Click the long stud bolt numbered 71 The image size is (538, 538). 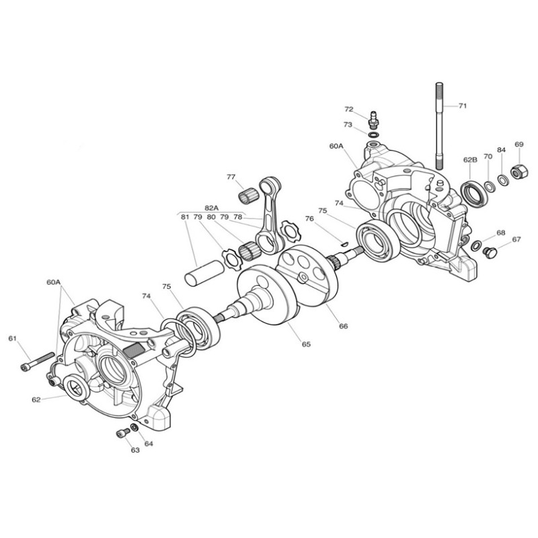pyautogui.click(x=439, y=126)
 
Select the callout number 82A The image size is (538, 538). pyautogui.click(x=211, y=208)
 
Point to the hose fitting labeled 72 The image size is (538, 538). pyautogui.click(x=373, y=119)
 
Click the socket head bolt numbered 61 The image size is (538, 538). pyautogui.click(x=38, y=362)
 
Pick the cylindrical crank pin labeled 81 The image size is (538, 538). pyautogui.click(x=204, y=273)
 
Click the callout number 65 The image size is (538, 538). pyautogui.click(x=306, y=344)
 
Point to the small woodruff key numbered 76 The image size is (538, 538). pyautogui.click(x=345, y=243)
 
